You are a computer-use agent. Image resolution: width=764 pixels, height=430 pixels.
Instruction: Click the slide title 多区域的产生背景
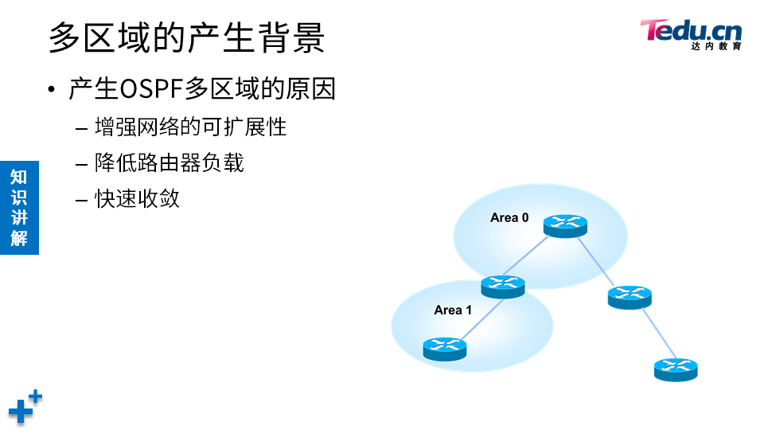click(x=186, y=37)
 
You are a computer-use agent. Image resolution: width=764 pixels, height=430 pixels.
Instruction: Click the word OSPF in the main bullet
click(x=151, y=88)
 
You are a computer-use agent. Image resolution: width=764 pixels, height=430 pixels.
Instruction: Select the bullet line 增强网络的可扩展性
click(x=190, y=127)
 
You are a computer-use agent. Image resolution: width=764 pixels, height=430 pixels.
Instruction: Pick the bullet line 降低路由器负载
click(x=169, y=162)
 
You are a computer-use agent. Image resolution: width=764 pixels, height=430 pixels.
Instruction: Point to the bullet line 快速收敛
click(x=137, y=198)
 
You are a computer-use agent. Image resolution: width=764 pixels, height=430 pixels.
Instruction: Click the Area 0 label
click(x=509, y=217)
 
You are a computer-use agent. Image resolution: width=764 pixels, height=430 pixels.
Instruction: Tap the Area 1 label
click(x=453, y=310)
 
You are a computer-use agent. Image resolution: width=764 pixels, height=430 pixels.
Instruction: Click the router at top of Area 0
click(x=565, y=225)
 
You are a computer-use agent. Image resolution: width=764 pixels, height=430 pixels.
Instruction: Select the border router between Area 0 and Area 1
click(x=503, y=286)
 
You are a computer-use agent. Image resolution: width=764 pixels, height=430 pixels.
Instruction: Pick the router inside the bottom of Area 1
click(x=445, y=348)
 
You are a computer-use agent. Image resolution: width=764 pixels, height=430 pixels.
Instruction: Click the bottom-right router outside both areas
click(x=676, y=369)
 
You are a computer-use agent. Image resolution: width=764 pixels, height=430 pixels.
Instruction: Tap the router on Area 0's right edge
click(x=630, y=297)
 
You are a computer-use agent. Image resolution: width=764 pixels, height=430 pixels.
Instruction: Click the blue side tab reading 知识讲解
click(x=19, y=207)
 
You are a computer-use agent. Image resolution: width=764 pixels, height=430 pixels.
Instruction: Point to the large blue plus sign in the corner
click(x=20, y=412)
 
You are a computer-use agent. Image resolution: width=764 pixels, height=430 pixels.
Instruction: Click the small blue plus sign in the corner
click(x=35, y=396)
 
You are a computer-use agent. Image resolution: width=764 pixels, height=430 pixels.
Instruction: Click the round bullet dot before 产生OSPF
click(x=53, y=89)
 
